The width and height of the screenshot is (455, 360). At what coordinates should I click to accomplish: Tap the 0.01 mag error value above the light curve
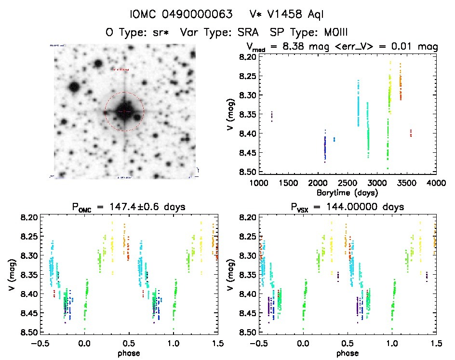[x=404, y=47]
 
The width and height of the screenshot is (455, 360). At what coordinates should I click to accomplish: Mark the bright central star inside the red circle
[x=124, y=111]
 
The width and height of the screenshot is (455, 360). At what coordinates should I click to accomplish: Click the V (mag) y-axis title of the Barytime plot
[x=234, y=114]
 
